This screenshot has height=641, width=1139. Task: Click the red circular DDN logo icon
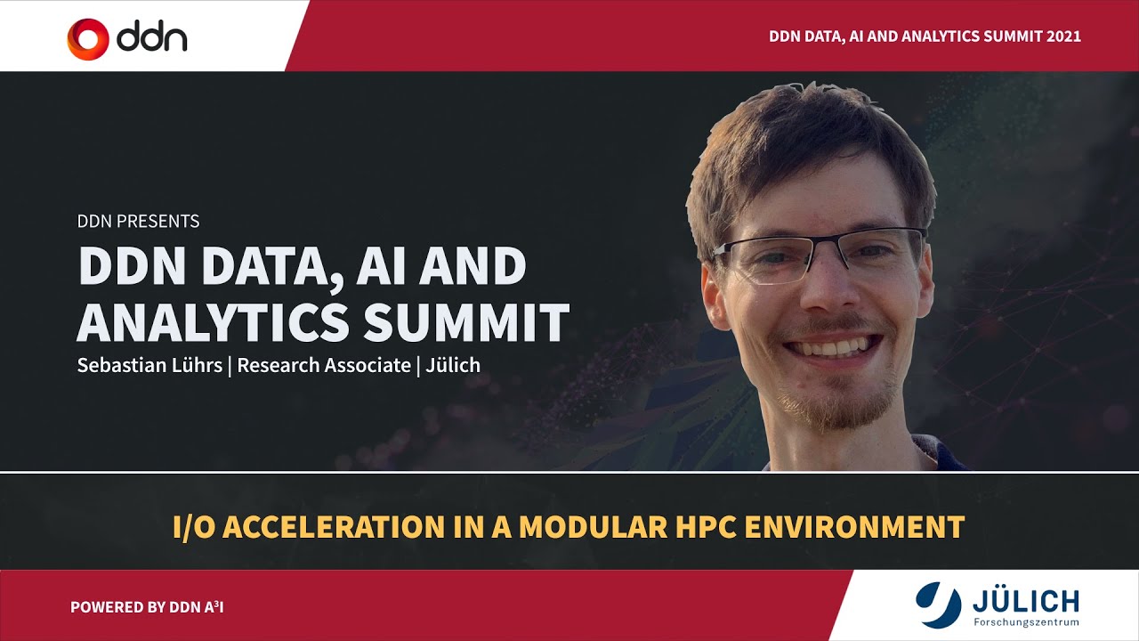click(88, 38)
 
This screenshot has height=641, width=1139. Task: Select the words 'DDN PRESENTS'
click(139, 221)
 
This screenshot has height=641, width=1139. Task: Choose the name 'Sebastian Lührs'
click(149, 365)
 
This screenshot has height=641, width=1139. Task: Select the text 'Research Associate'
click(324, 365)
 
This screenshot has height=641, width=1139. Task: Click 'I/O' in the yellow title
click(193, 526)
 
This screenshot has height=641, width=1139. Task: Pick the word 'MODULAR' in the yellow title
click(602, 526)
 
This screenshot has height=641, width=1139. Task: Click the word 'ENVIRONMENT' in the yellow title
click(854, 526)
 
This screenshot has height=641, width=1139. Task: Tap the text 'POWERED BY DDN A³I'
click(153, 607)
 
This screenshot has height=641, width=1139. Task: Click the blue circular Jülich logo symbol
click(939, 603)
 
